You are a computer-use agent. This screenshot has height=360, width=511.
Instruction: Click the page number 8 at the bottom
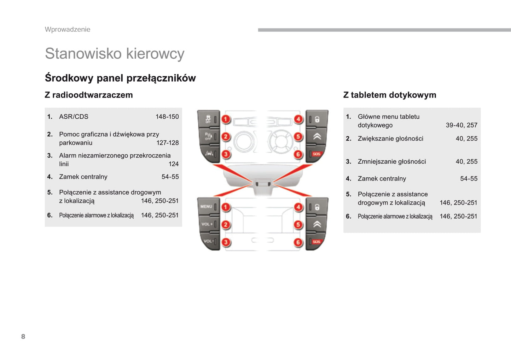click(x=23, y=336)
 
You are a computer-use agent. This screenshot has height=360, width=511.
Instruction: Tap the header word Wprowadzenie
click(x=68, y=30)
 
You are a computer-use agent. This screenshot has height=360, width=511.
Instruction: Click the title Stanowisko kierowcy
click(x=115, y=54)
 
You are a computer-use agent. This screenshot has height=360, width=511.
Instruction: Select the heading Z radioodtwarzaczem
click(x=89, y=95)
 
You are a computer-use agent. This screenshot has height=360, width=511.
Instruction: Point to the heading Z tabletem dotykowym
click(x=390, y=95)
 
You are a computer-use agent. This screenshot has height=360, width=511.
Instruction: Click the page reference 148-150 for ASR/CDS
click(x=167, y=117)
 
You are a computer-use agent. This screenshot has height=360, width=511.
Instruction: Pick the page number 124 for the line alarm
click(x=174, y=164)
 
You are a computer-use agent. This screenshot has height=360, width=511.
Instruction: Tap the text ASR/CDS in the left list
click(x=74, y=117)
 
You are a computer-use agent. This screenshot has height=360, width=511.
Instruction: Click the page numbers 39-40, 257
click(x=461, y=125)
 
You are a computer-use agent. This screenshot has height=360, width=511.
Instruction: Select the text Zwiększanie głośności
click(x=390, y=138)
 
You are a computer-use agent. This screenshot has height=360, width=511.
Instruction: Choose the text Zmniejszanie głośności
click(x=392, y=161)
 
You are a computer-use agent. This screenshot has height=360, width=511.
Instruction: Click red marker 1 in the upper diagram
click(x=226, y=119)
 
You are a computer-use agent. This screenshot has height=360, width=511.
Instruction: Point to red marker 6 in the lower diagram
click(x=298, y=242)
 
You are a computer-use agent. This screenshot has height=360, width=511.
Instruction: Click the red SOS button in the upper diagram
click(x=317, y=154)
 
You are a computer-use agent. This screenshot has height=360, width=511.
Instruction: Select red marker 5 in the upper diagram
click(x=298, y=137)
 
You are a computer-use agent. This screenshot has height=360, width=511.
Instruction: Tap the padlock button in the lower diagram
click(x=317, y=207)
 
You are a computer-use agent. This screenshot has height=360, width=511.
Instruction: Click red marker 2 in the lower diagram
click(x=226, y=225)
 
